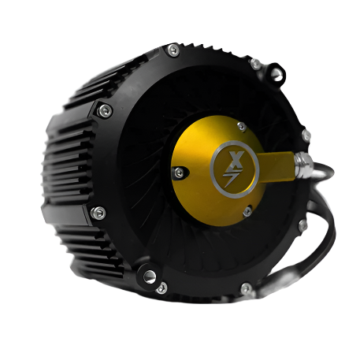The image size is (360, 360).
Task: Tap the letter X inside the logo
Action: coord(232,157)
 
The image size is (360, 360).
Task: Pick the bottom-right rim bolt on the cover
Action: coord(246,287)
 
